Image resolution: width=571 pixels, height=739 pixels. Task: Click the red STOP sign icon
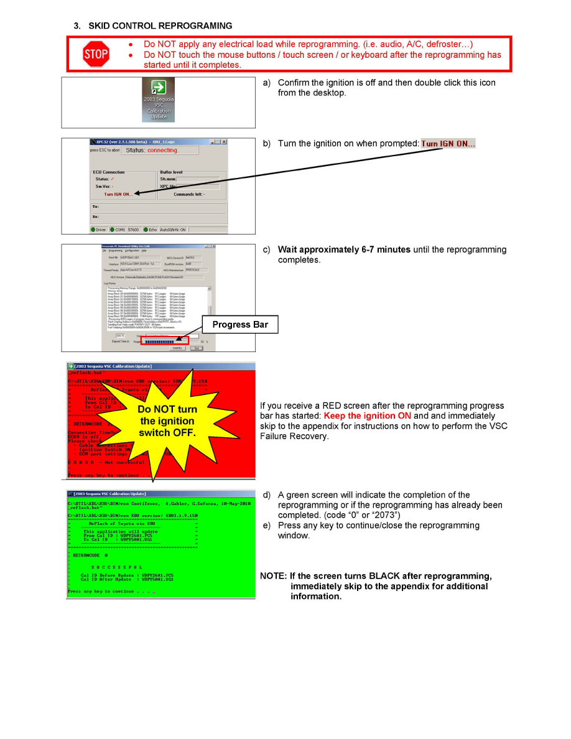pos(95,55)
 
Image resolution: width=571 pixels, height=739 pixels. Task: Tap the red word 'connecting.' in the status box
pos(162,150)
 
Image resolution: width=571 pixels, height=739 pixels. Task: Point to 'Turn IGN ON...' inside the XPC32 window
pos(118,194)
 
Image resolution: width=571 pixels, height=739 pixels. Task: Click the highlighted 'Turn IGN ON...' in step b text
pos(448,144)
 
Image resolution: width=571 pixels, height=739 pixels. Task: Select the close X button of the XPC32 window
pos(224,142)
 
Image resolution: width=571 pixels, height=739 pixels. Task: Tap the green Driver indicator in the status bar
pos(98,230)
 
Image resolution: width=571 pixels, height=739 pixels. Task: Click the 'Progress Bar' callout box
pos(240,325)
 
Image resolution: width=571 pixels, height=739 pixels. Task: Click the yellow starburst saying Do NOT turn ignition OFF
pos(167,421)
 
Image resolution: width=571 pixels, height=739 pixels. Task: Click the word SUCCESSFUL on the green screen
pos(116,567)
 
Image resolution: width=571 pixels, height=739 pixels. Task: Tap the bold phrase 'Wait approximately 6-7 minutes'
pos(344,249)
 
